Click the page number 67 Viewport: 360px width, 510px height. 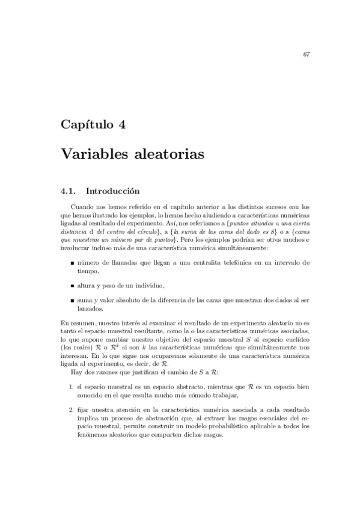click(x=307, y=55)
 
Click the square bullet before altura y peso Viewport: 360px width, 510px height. click(x=72, y=285)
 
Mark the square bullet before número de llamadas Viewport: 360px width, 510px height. click(x=72, y=263)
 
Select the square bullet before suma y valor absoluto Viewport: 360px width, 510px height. click(x=72, y=300)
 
